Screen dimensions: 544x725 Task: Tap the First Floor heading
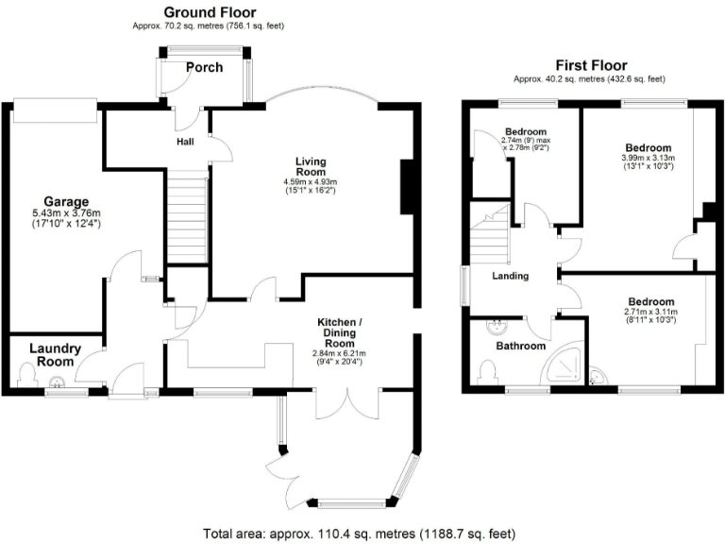click(591, 65)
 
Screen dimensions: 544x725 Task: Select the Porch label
click(204, 67)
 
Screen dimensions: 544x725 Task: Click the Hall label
click(185, 142)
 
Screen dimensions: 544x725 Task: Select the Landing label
click(510, 276)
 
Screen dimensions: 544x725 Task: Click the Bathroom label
click(521, 346)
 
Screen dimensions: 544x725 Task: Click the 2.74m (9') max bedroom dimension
click(526, 143)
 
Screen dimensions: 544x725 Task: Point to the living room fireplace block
click(409, 188)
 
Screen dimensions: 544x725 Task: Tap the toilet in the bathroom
click(487, 374)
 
